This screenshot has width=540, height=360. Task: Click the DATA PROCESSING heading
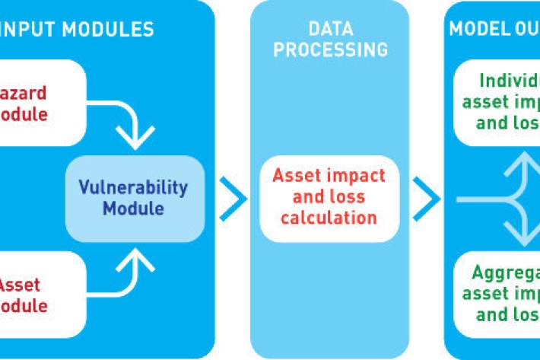click(330, 40)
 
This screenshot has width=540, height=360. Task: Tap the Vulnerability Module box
click(135, 198)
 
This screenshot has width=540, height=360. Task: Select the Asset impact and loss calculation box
click(329, 197)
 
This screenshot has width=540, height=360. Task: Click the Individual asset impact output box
click(498, 101)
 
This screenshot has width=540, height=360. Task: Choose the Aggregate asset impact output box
click(498, 294)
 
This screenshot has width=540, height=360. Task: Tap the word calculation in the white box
click(329, 218)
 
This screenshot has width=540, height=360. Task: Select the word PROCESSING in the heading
click(330, 50)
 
